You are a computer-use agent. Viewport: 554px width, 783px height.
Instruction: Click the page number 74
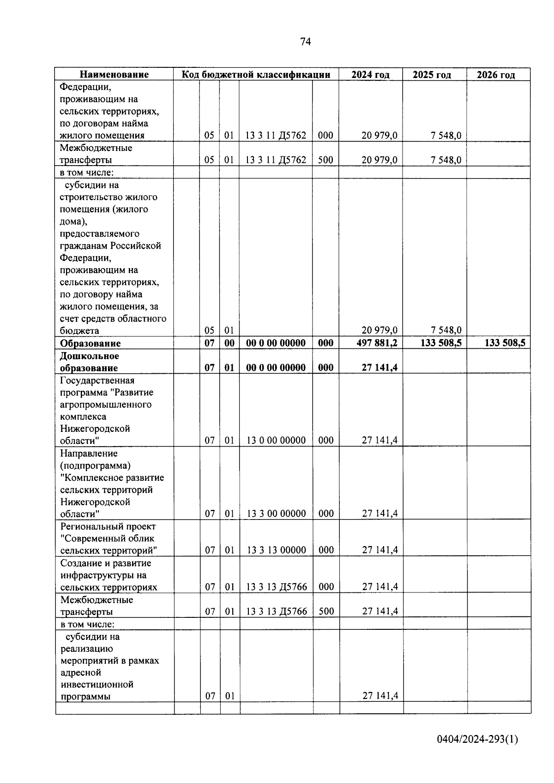coord(305,42)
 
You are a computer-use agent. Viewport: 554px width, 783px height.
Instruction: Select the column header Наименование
coord(114,75)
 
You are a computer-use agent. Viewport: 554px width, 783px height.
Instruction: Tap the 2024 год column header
coord(370,75)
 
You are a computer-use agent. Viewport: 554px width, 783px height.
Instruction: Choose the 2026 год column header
coord(496,75)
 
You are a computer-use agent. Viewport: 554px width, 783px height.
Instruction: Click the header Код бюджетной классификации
coord(256,75)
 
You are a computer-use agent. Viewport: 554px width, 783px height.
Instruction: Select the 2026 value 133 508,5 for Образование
coord(505,343)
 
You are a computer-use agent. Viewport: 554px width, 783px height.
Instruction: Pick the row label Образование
coord(90,343)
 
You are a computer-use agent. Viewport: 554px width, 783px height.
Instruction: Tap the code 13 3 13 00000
coord(277,550)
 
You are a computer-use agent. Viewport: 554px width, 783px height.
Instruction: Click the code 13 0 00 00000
coord(276,440)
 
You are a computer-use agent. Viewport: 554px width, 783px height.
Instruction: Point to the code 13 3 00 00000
coord(277,514)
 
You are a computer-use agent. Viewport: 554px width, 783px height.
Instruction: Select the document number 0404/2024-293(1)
coord(477,739)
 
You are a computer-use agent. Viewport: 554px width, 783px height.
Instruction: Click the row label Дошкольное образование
coord(90,362)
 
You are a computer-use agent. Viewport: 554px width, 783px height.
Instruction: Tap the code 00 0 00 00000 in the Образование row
coord(276,343)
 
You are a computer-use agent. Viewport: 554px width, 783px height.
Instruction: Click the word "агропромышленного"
coord(106,405)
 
